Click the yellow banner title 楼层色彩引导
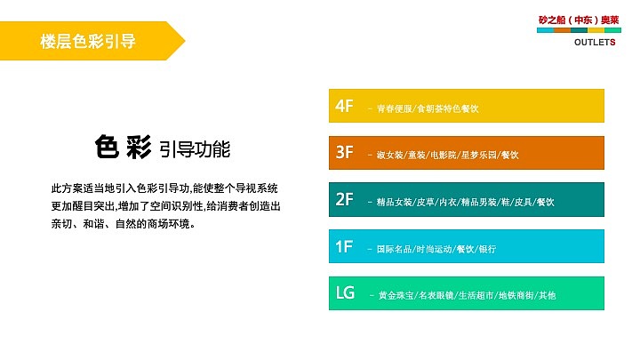tap(88, 42)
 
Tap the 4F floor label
tap(345, 106)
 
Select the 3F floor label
tap(345, 153)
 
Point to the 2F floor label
tap(345, 200)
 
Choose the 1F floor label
tap(345, 246)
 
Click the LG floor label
tap(346, 292)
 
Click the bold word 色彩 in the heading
tap(122, 147)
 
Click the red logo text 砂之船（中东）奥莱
tap(580, 19)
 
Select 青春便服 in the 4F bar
tap(395, 108)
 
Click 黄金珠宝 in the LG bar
tap(395, 295)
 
